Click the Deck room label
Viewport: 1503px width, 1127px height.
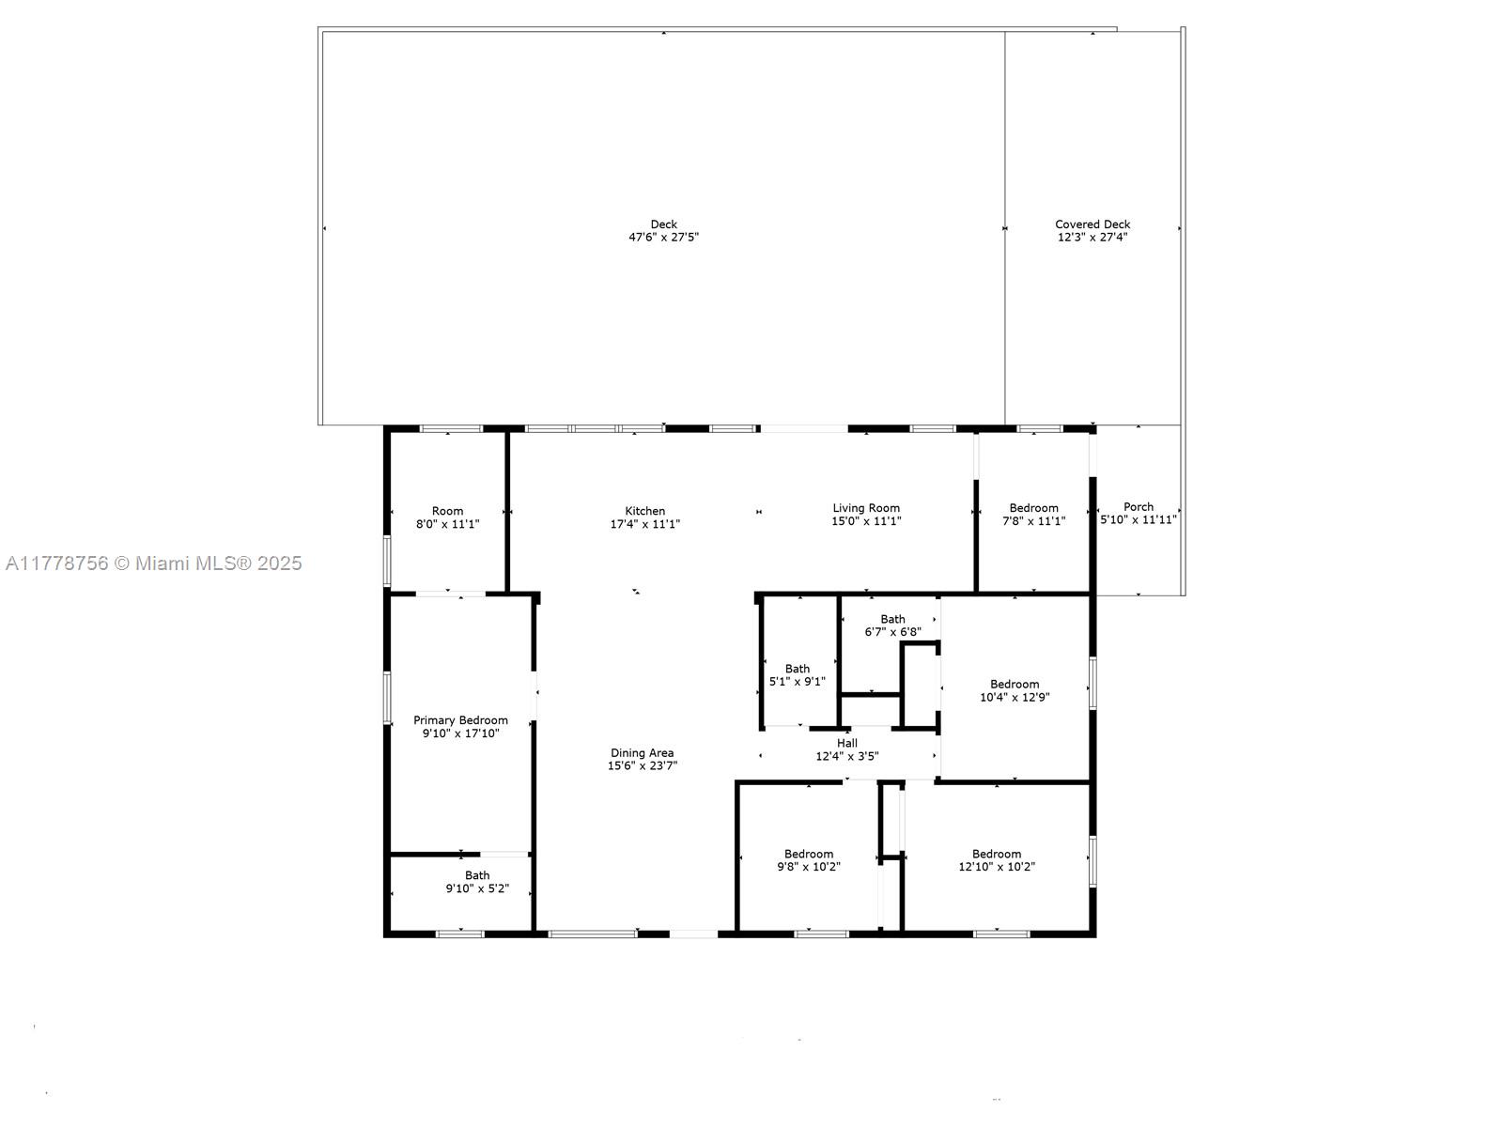[x=663, y=224]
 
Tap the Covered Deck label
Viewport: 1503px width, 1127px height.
[x=1092, y=224]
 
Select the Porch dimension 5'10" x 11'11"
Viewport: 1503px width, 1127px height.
[x=1139, y=519]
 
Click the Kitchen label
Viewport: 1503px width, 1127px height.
[x=644, y=511]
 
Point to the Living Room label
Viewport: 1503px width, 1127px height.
[x=866, y=508]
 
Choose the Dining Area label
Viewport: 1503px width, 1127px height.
[x=642, y=752]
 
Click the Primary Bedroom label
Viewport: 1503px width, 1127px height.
[x=460, y=720]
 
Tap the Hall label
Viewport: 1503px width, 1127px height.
[x=846, y=743]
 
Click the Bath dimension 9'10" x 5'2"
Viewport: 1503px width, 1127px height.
[x=477, y=888]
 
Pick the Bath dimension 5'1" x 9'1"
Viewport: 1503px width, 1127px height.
[x=797, y=682]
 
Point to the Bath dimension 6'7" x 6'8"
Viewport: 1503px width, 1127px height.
[x=892, y=632]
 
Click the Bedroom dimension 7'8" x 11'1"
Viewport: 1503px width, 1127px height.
[x=1033, y=521]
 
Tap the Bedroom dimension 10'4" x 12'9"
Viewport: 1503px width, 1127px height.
[x=1015, y=697]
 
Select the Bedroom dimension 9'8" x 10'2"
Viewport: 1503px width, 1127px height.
[x=808, y=867]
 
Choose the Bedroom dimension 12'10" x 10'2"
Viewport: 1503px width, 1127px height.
[x=996, y=867]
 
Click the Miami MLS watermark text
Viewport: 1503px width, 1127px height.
[x=153, y=563]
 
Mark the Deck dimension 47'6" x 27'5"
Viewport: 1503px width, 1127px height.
[x=663, y=238]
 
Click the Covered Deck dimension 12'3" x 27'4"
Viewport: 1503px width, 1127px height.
[x=1092, y=238]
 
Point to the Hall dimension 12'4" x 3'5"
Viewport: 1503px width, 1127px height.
[x=846, y=756]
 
